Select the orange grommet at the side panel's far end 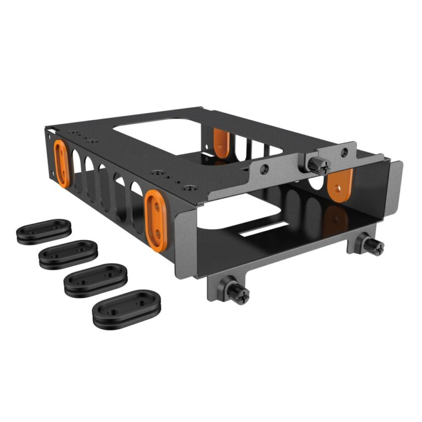click(x=62, y=163)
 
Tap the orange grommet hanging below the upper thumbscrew click(x=339, y=183)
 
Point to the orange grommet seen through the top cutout click(x=221, y=142)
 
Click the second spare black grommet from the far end click(x=68, y=253)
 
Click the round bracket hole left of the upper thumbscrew click(x=265, y=169)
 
